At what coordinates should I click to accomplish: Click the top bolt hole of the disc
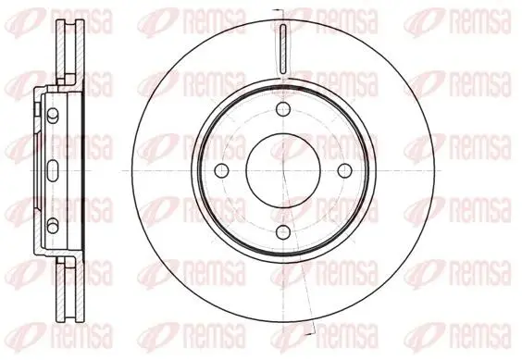coord(283,109)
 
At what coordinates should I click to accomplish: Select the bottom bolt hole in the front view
coord(283,231)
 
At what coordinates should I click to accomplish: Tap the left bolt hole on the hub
coord(222,170)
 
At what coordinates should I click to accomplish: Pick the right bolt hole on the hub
coord(345,170)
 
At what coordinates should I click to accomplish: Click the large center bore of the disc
coord(283,170)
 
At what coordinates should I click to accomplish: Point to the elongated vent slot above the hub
coord(283,49)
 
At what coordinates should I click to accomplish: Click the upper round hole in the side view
coord(52,114)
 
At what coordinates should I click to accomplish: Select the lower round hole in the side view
coord(52,227)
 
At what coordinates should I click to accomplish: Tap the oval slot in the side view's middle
coord(53,170)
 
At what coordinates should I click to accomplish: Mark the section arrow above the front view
coord(277,10)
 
